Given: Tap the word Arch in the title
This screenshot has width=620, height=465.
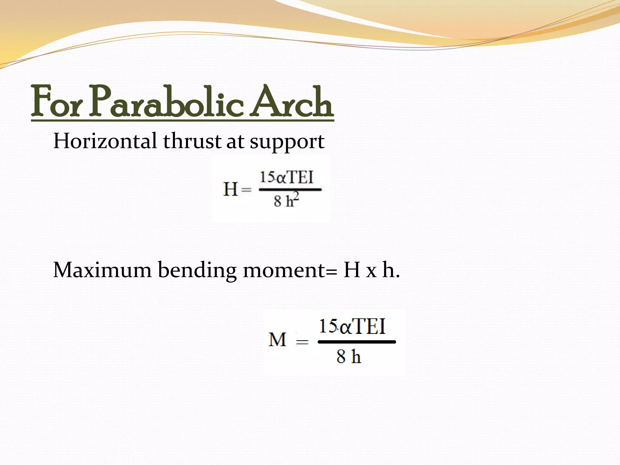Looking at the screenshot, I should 292,102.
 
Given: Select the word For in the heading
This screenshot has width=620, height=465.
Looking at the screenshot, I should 56,102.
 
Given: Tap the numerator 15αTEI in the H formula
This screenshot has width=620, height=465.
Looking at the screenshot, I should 286,177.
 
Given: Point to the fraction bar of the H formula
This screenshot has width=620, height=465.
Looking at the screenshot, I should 290,190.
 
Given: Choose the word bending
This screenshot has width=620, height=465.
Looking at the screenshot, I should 197,270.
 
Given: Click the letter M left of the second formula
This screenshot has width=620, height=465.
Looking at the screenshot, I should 277,340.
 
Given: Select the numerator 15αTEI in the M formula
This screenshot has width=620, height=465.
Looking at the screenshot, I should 352,326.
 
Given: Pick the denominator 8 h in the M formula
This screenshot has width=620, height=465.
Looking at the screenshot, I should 348,356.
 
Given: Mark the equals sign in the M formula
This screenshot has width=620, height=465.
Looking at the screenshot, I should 302,342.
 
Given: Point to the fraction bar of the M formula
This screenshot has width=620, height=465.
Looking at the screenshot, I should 357,342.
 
